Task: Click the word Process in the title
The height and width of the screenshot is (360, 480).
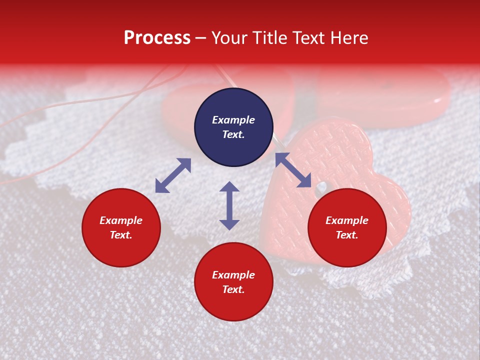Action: pos(157,38)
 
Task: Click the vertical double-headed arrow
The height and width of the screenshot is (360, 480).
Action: pos(229,205)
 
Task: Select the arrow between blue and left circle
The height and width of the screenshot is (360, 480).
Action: pos(173,175)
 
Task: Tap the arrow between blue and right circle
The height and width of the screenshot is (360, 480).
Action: pos(293,170)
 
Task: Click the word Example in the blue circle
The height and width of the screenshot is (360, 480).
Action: pos(233,120)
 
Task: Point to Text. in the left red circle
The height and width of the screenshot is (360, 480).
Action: pos(121,235)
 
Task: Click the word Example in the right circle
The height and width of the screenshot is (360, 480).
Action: pos(347,220)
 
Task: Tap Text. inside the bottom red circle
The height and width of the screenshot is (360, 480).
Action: pos(233,289)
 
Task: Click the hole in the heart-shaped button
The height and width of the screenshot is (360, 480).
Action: pos(320,187)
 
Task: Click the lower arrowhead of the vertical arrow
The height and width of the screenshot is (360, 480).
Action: pos(229,224)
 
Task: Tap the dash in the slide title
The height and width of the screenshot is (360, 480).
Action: pos(200,38)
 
